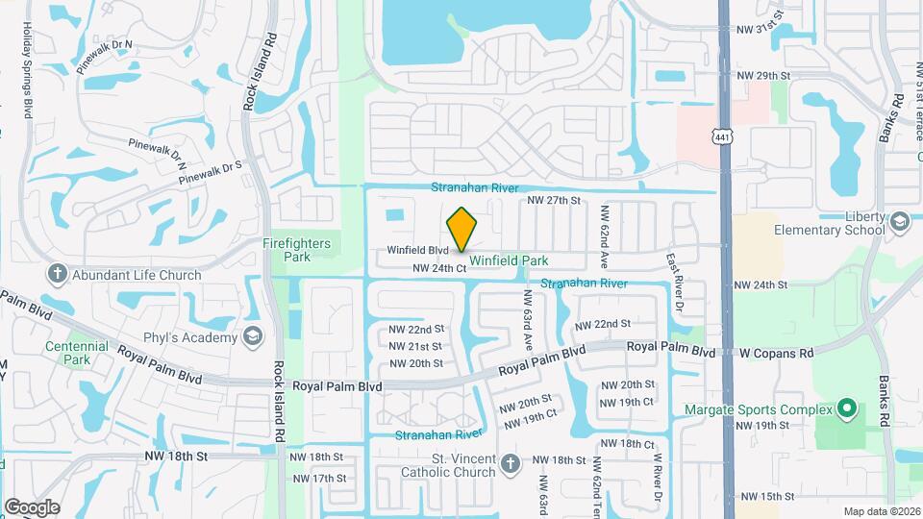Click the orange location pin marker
tap(461, 229)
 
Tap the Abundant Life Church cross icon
tap(57, 275)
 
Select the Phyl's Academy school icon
tap(252, 337)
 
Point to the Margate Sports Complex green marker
tap(846, 409)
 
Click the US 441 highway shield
tap(723, 137)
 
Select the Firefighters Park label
tap(298, 250)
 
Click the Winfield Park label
tap(509, 260)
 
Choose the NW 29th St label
tap(762, 75)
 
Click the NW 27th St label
tap(555, 200)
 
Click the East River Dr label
tap(674, 273)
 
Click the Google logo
tap(32, 507)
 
